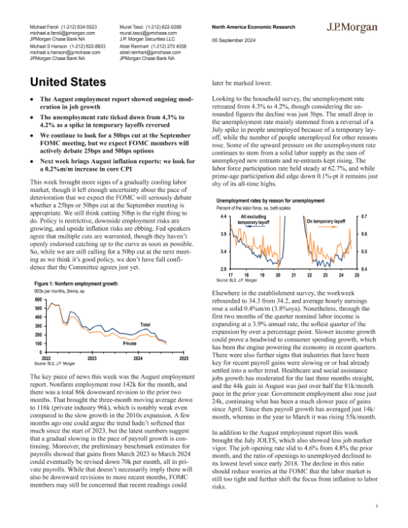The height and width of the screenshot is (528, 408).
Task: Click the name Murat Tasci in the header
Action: (134, 26)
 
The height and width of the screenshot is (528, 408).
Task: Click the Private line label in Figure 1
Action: (129, 344)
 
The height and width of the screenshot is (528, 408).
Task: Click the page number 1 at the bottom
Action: (377, 507)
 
